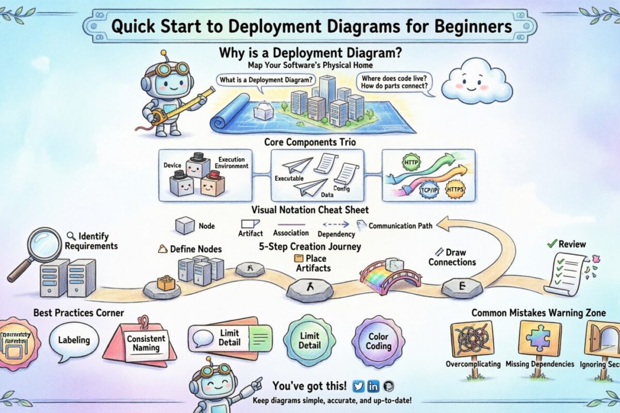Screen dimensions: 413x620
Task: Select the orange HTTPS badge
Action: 455,189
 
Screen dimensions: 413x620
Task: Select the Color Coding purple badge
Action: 378,341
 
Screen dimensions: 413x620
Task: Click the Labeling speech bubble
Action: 74,340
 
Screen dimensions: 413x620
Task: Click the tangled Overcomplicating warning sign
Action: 472,339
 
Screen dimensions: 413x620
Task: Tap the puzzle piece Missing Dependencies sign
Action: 539,338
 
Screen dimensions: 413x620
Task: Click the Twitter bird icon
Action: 358,386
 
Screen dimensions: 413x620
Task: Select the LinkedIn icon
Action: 374,386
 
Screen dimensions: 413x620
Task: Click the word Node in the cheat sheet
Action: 207,226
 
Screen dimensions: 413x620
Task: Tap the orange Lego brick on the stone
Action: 166,282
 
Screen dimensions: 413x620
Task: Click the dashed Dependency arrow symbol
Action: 337,224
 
